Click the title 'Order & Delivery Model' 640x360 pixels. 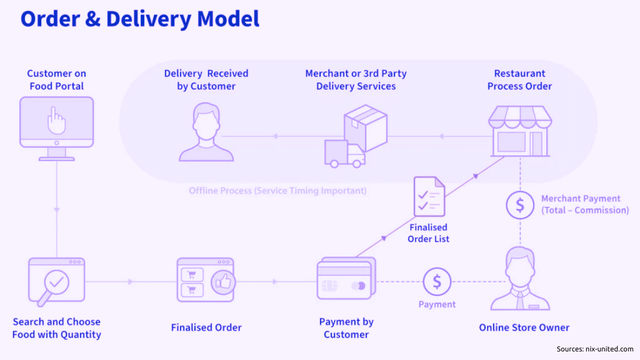click(x=140, y=19)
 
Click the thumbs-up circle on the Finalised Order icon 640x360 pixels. click(x=223, y=282)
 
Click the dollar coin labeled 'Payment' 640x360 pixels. click(x=437, y=282)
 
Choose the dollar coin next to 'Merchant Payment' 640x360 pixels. click(x=520, y=205)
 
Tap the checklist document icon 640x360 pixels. click(x=429, y=197)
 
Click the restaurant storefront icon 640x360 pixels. click(x=520, y=131)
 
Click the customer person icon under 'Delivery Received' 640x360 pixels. click(x=206, y=133)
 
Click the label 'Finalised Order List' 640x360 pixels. click(x=429, y=233)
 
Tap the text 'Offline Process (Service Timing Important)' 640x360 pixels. click(x=278, y=191)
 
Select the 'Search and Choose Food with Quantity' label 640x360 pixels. click(x=57, y=328)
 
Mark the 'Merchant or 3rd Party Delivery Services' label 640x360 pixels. click(x=356, y=80)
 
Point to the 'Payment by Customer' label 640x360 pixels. click(x=346, y=328)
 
